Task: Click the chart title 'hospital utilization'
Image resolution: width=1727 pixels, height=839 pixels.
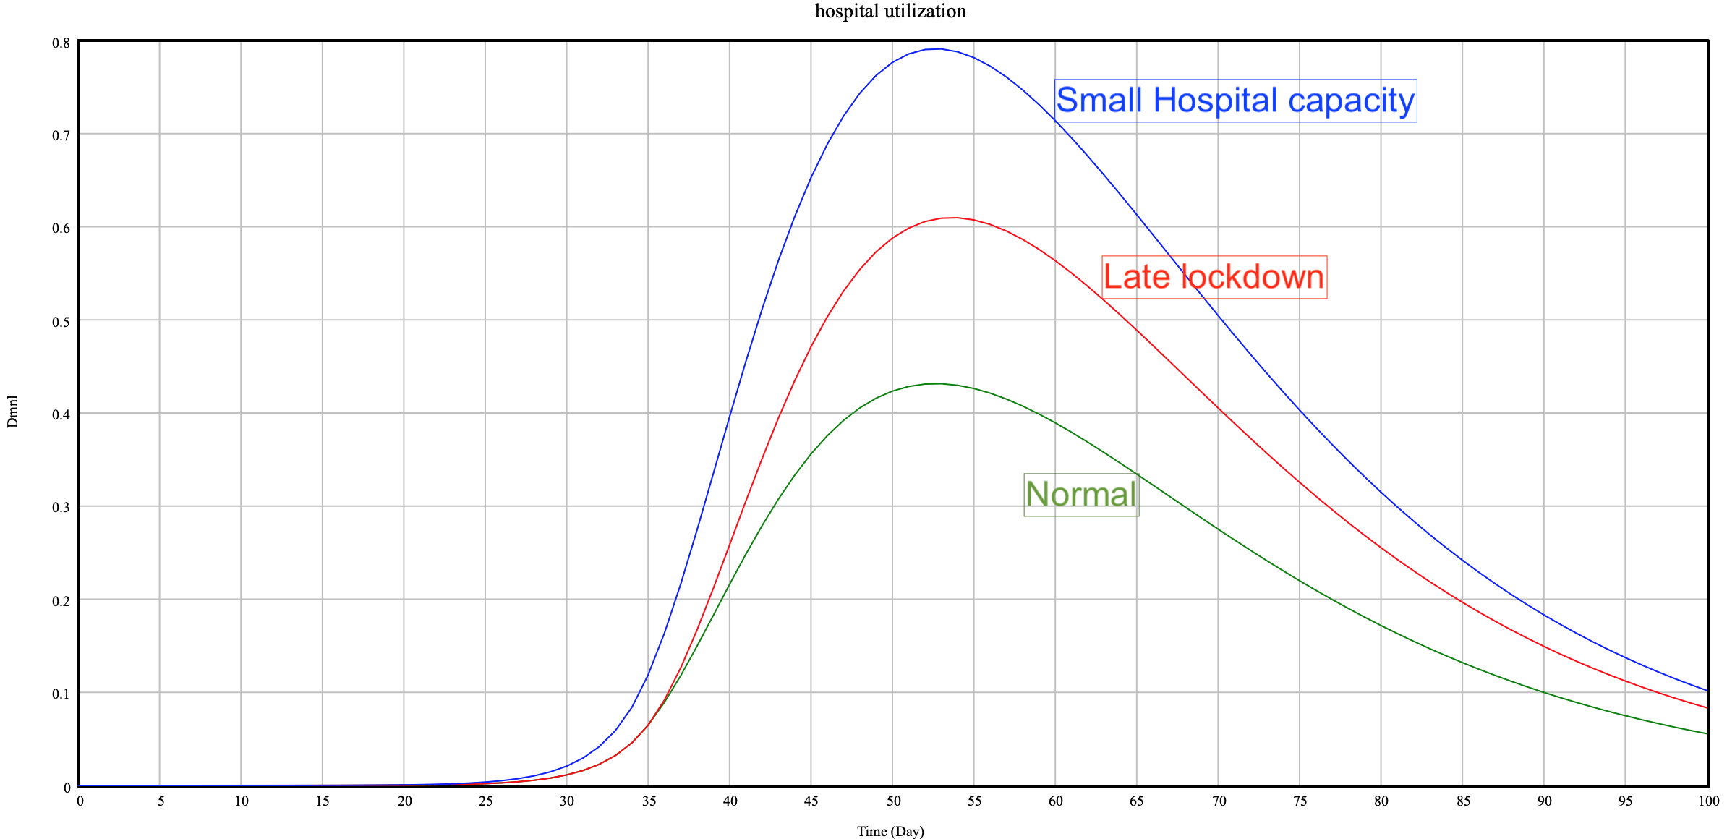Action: pos(890,12)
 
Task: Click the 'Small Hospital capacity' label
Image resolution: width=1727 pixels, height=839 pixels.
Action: pos(1235,101)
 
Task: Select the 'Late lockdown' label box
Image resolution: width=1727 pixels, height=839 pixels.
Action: pos(1214,277)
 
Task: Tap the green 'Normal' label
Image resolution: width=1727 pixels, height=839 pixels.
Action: pos(1081,495)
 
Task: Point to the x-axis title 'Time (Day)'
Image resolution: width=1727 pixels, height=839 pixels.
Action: pos(890,831)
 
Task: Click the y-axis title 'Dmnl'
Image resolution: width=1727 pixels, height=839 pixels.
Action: pos(12,412)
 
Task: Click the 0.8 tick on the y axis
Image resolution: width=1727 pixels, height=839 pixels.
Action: pos(61,43)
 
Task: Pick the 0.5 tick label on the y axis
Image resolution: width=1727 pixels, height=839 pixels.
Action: pos(61,322)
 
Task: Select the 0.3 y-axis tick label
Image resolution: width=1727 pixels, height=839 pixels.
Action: pos(61,508)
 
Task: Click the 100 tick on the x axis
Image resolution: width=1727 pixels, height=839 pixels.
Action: pos(1708,801)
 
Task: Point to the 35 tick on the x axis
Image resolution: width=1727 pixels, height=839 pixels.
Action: pos(649,801)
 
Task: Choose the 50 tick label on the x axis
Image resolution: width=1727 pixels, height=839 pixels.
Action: pos(893,801)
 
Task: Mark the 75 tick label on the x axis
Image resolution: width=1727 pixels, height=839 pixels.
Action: pos(1300,801)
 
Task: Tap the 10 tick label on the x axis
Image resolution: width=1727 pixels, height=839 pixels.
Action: pos(242,801)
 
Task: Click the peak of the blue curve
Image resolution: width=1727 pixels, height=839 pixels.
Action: pos(939,49)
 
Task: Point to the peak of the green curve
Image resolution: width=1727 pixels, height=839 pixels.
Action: pos(939,384)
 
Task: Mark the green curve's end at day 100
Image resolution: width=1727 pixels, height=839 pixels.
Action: pos(1707,734)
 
